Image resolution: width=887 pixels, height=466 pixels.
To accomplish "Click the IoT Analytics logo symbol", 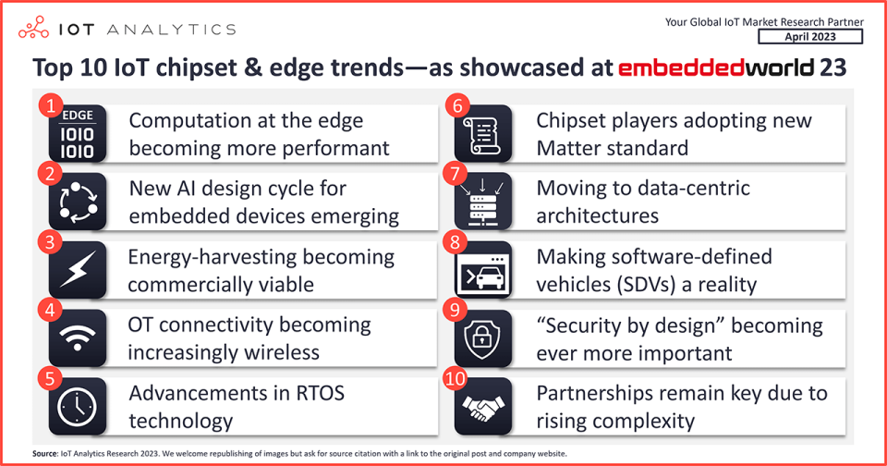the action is click(x=33, y=28).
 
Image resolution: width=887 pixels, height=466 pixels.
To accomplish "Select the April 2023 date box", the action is click(x=810, y=37).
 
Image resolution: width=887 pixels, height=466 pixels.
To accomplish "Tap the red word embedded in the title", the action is click(x=681, y=67).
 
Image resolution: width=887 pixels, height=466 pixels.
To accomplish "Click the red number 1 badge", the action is click(x=50, y=105).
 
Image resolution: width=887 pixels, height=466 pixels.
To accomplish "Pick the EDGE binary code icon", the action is click(x=78, y=134).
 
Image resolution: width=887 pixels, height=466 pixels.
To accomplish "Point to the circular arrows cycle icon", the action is click(x=78, y=202).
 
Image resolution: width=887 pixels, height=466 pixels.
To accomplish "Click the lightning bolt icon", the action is click(x=78, y=269).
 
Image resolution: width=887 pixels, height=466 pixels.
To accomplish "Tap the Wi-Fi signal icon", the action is click(x=78, y=338).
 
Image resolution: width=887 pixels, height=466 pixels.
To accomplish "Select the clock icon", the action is click(x=78, y=406).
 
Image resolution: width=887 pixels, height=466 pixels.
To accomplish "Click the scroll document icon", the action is click(x=483, y=134).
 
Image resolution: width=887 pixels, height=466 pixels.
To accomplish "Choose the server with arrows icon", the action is click(x=483, y=202).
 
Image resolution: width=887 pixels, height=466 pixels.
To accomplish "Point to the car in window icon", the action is click(x=483, y=269).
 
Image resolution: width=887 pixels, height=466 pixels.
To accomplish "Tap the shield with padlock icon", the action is click(x=483, y=338).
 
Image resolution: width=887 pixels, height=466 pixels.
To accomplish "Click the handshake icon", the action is click(x=483, y=406).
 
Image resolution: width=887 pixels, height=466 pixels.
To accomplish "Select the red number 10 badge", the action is click(x=456, y=378).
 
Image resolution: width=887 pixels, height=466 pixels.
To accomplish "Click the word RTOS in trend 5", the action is click(x=321, y=393).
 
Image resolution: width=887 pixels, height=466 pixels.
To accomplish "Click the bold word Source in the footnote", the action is click(x=44, y=454).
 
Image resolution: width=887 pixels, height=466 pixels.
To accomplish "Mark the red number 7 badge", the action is click(x=456, y=174).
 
